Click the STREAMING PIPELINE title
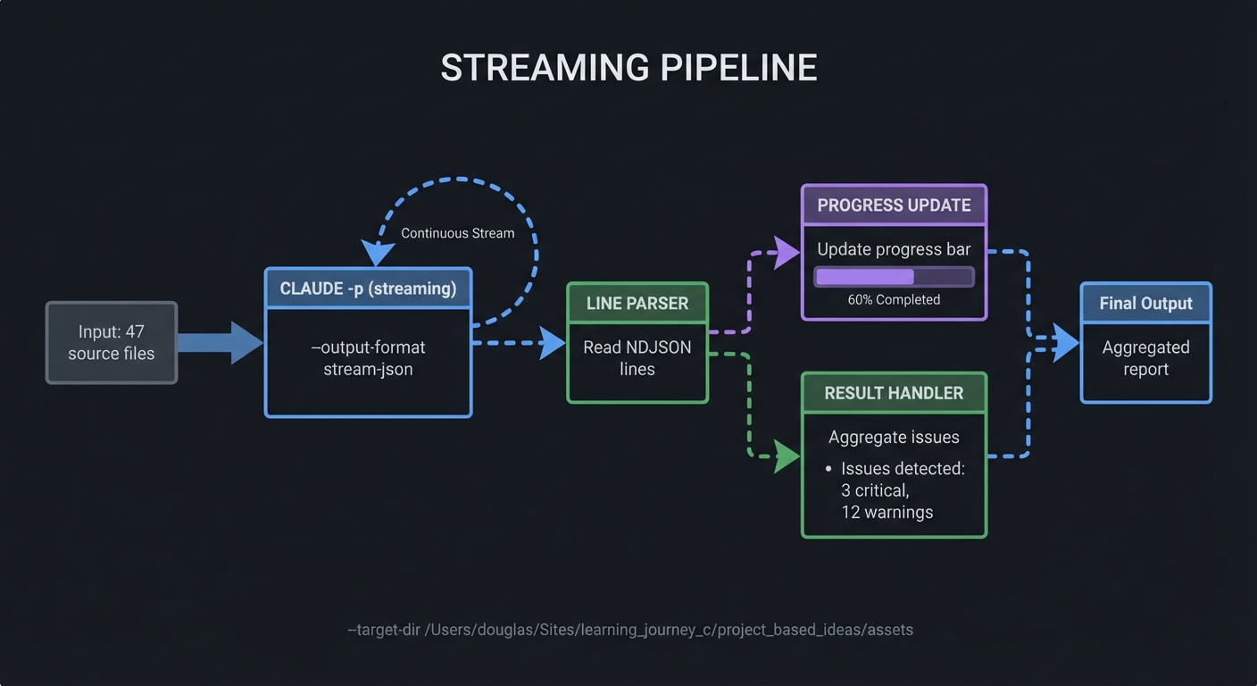click(628, 69)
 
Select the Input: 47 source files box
click(112, 343)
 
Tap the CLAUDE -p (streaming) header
click(368, 289)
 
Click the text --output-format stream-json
click(368, 357)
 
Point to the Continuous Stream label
click(457, 233)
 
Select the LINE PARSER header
click(637, 304)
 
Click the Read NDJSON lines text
click(637, 357)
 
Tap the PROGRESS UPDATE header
click(894, 205)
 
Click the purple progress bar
click(893, 277)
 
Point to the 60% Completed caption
click(894, 300)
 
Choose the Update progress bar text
click(894, 249)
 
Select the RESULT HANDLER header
click(894, 393)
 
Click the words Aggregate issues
click(894, 437)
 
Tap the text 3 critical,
click(875, 490)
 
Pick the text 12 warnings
click(887, 513)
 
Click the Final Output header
click(1145, 304)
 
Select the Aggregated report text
click(1145, 357)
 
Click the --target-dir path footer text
click(630, 630)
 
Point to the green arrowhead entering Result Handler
click(787, 457)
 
